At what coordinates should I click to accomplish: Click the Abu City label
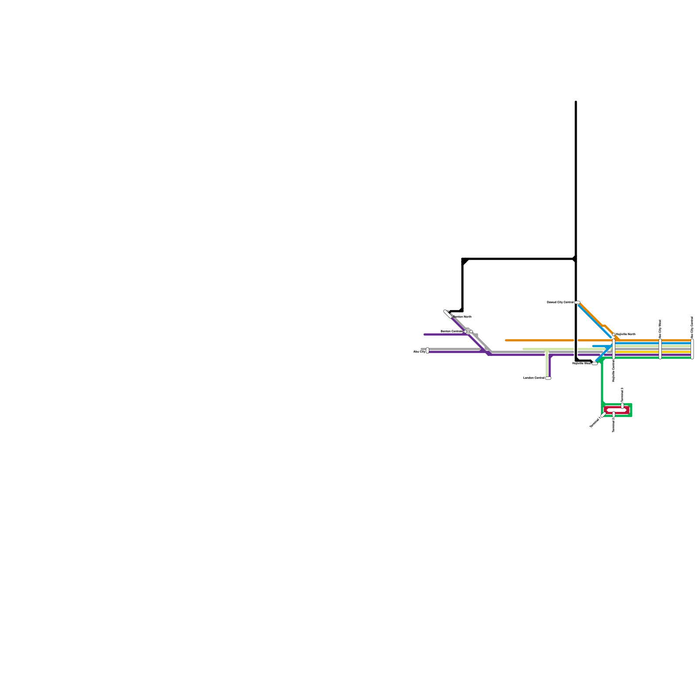tap(419, 352)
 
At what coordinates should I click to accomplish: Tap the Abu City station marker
tap(428, 350)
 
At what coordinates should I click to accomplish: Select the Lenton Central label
tap(534, 378)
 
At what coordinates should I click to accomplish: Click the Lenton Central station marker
tap(548, 378)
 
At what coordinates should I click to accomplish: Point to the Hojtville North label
tap(626, 334)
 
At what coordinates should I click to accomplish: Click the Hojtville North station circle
tap(614, 335)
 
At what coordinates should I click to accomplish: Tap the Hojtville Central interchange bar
tap(614, 349)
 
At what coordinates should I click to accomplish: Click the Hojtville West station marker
tap(595, 363)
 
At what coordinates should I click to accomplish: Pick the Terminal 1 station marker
tap(603, 415)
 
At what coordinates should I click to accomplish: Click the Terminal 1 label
tap(595, 422)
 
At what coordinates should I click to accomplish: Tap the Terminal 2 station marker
tap(614, 414)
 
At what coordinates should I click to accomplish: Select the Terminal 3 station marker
tap(623, 406)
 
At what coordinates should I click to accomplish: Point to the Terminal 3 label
tap(623, 395)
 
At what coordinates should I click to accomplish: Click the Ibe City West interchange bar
tap(660, 349)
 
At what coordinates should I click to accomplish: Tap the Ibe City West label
tap(660, 328)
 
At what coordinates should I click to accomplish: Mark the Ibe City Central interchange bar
tap(692, 349)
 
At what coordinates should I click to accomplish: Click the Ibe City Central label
tap(692, 327)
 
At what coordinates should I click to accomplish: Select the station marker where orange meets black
tap(577, 302)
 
